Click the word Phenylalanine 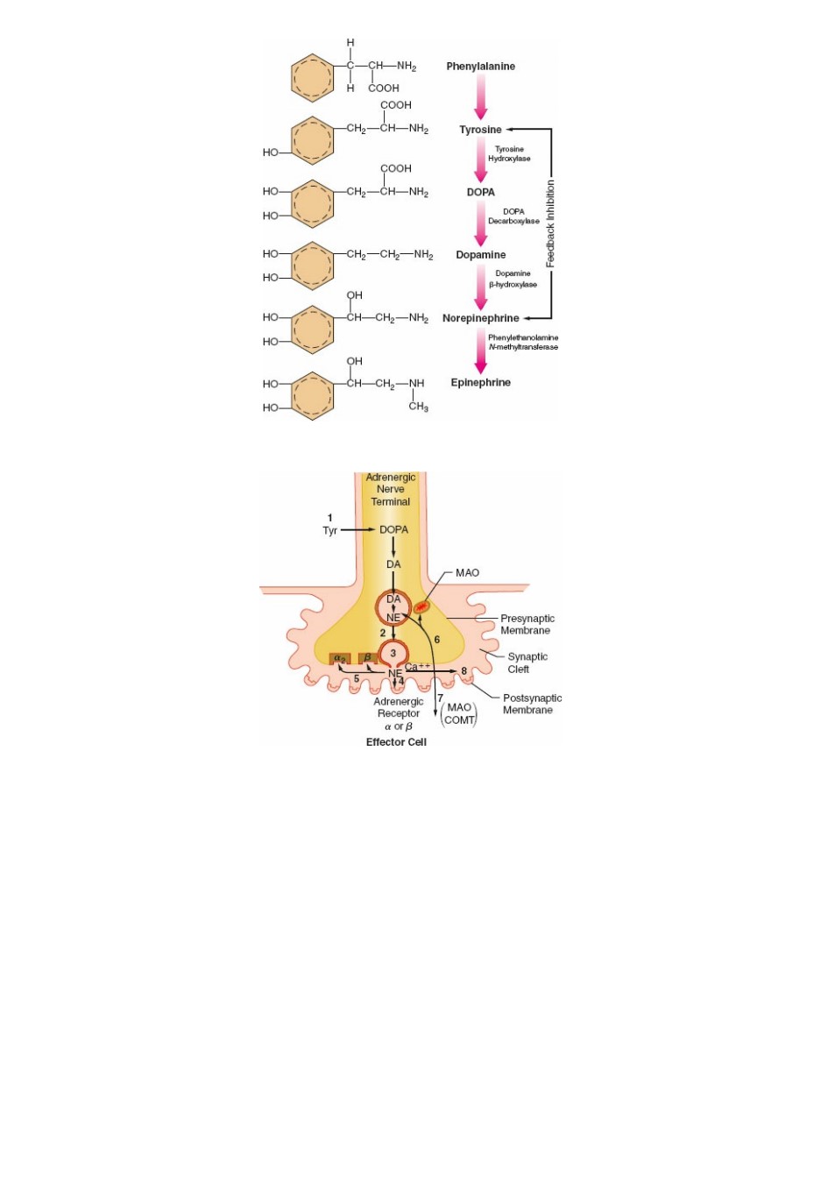(x=480, y=67)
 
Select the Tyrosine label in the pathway (x=480, y=130)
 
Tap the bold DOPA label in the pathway (x=480, y=192)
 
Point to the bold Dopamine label (x=481, y=255)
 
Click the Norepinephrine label (x=481, y=318)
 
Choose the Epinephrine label (x=481, y=382)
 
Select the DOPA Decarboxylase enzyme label (x=513, y=216)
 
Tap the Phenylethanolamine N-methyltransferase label (x=523, y=343)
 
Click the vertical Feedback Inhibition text (x=550, y=223)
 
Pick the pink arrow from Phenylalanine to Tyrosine (x=481, y=96)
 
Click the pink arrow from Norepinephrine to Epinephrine (x=481, y=351)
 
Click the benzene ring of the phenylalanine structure (x=312, y=78)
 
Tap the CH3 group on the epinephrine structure (x=418, y=407)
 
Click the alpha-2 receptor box (x=340, y=659)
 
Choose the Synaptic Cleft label (x=527, y=662)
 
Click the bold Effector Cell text (x=396, y=742)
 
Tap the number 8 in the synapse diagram (x=463, y=671)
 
